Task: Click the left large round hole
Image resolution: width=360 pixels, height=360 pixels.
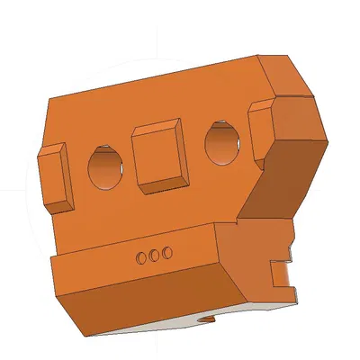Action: [x=107, y=167]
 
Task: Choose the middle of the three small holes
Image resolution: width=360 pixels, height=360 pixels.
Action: [x=153, y=256]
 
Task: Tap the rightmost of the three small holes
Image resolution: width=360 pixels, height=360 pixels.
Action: [x=166, y=254]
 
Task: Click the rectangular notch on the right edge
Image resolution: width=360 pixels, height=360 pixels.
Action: [x=282, y=267]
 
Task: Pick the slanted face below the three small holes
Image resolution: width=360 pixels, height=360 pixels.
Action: [x=144, y=301]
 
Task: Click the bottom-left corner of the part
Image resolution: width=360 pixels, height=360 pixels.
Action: [x=87, y=337]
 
